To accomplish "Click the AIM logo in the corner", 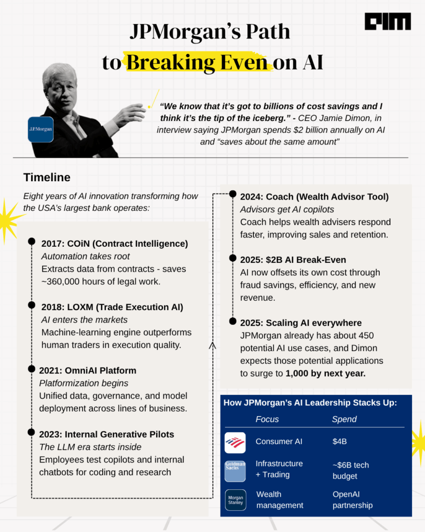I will pyautogui.click(x=388, y=21).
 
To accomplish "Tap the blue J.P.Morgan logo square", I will pyautogui.click(x=40, y=129).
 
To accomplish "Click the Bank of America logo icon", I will pyautogui.click(x=235, y=443).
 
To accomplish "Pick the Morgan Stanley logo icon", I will pyautogui.click(x=235, y=500).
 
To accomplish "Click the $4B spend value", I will pyautogui.click(x=339, y=442).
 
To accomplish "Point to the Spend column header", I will pyautogui.click(x=344, y=419).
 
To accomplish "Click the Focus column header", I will pyautogui.click(x=267, y=419).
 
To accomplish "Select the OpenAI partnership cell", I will pyautogui.click(x=352, y=500).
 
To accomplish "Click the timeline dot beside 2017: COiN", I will pyautogui.click(x=32, y=242).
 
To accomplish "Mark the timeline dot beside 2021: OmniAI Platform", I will pyautogui.click(x=32, y=369).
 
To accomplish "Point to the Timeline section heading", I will pyautogui.click(x=47, y=177).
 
